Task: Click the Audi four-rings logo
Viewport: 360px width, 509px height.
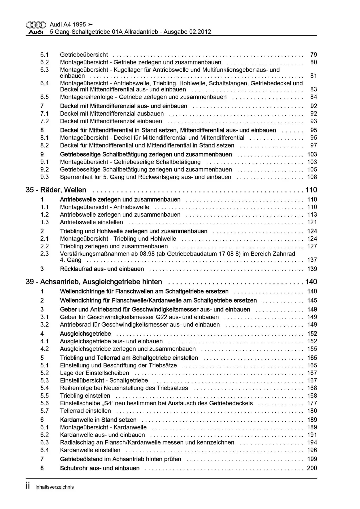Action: click(x=36, y=25)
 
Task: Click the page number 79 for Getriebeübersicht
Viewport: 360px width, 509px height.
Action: click(x=314, y=55)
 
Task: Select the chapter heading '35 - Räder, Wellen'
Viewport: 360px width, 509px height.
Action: click(x=56, y=190)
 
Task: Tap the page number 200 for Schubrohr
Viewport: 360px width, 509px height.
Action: click(x=312, y=468)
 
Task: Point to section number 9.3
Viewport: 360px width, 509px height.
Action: click(x=44, y=177)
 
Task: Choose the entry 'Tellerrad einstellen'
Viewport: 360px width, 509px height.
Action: click(x=85, y=411)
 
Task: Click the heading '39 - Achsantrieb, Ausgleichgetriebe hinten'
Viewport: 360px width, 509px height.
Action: click(x=94, y=282)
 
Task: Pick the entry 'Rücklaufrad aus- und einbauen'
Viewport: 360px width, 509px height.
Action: click(x=102, y=269)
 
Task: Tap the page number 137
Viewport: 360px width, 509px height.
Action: click(x=312, y=260)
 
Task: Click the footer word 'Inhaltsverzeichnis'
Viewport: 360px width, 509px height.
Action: click(x=54, y=487)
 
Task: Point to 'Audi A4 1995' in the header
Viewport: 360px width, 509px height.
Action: click(x=68, y=24)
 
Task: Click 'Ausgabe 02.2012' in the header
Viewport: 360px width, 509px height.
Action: click(x=187, y=32)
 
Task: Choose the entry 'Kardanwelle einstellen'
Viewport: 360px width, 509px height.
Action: click(x=90, y=450)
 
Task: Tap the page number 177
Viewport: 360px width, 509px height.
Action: click(x=312, y=403)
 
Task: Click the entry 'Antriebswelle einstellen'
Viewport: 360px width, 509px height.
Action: click(x=92, y=222)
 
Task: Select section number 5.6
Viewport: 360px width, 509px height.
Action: click(x=44, y=403)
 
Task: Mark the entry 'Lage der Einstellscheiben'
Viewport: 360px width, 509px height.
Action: click(x=94, y=373)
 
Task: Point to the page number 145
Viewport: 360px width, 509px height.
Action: click(x=312, y=300)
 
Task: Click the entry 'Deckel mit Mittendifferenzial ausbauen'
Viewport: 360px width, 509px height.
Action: click(x=112, y=113)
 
